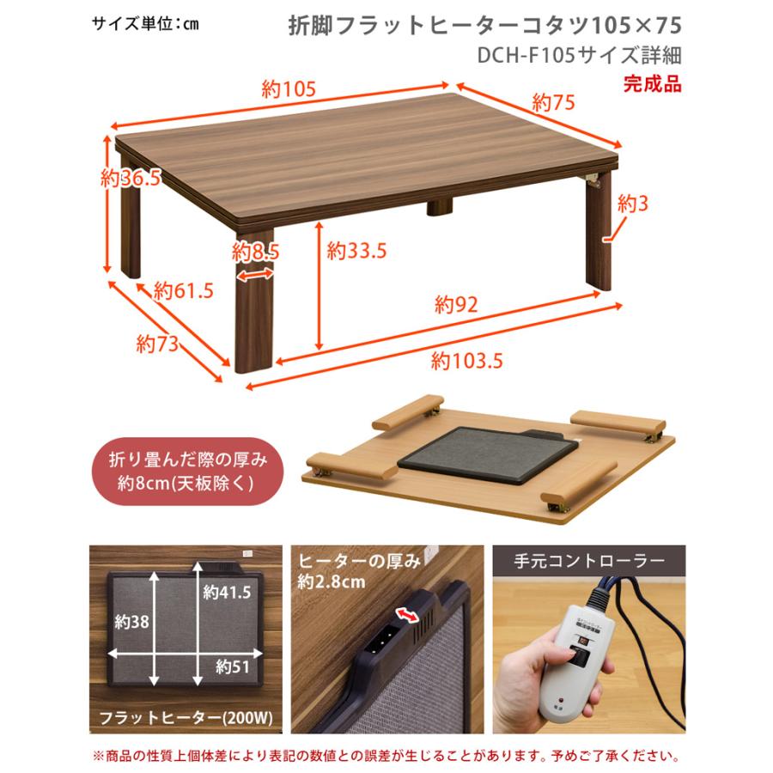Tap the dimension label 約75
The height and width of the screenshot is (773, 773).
point(552,104)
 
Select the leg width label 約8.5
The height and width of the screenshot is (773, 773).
point(256,252)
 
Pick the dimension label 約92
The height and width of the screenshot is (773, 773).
point(455,304)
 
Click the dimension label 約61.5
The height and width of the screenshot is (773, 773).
point(184,290)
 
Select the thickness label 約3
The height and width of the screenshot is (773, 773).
point(632,204)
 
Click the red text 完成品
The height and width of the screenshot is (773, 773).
point(652,84)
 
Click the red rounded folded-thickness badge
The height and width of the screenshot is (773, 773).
point(187,472)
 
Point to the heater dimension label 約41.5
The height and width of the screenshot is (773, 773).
point(227,592)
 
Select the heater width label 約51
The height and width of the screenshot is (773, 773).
point(232,666)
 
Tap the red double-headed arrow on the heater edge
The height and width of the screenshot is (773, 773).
point(408,613)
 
